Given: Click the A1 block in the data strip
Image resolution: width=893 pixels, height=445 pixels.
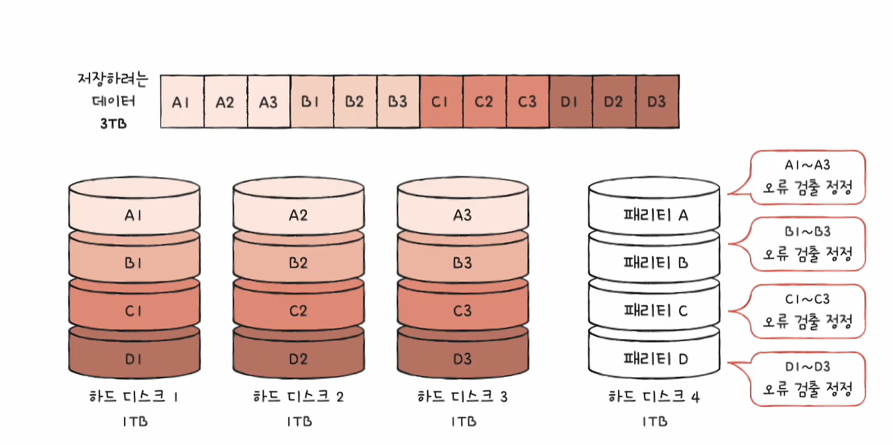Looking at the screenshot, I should coord(182,102).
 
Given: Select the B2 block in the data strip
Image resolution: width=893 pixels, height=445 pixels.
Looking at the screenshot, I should coord(354,102).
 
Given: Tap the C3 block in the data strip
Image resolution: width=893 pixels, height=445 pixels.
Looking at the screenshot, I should coord(527,102).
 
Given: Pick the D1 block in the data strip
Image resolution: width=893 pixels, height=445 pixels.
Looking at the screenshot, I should coord(570,102).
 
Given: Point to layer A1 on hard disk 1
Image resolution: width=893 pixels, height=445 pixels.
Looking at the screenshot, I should coord(134,214).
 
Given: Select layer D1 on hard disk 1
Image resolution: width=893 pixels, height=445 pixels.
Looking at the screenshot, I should coord(134,359).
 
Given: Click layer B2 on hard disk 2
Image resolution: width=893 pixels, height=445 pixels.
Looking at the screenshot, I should coord(298,263).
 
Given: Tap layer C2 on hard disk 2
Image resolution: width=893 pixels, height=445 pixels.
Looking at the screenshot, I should coord(298,310).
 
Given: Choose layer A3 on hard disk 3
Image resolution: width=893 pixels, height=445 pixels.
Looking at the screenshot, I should coord(462,214).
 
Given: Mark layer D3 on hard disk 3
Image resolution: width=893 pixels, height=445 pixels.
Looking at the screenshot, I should coord(462,359).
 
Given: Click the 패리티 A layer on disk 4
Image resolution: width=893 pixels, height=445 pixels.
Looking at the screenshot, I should coord(654,214).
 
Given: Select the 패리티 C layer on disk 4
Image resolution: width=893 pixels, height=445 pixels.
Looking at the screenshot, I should coord(654,310).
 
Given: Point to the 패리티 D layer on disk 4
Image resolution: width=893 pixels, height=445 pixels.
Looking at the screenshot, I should coord(654,359).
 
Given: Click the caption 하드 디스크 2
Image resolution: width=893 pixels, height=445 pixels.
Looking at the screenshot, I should coord(298,397).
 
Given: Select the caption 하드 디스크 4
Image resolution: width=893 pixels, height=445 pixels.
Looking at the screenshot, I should coord(654,397).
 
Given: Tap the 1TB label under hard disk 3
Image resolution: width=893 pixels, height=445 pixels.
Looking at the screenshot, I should coord(462,422).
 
